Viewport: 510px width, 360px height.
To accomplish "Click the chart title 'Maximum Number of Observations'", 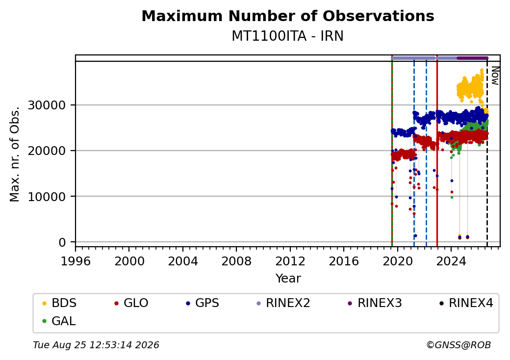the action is click(x=288, y=16).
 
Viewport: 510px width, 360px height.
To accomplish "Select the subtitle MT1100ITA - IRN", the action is click(x=287, y=36).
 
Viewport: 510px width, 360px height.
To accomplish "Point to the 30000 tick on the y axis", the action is click(x=47, y=105).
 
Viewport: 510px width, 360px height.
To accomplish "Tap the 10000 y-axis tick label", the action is click(x=47, y=197).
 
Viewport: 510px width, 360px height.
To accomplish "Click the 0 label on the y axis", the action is click(x=62, y=242).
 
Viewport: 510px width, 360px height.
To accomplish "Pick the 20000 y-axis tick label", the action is click(x=47, y=151).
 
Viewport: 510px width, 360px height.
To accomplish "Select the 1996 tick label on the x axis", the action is click(x=76, y=261).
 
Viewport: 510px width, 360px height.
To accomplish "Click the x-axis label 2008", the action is click(x=236, y=261).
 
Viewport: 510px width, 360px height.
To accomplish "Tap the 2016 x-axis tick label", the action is click(x=344, y=261).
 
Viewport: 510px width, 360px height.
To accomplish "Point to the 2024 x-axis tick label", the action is click(x=451, y=261).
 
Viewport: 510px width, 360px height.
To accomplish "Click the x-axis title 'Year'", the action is click(x=288, y=279).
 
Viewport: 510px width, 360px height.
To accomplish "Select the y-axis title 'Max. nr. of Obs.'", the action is click(x=15, y=154).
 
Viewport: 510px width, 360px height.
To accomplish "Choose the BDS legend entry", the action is click(x=59, y=303).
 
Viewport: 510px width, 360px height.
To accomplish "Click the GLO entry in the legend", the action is click(x=131, y=303).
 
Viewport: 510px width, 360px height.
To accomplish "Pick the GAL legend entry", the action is click(x=59, y=321).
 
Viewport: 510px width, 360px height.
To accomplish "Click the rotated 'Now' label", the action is click(x=495, y=76).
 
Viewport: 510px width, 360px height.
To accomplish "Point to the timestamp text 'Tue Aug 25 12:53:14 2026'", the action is click(x=96, y=345).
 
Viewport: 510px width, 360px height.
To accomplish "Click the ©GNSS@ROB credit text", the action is click(x=459, y=345).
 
